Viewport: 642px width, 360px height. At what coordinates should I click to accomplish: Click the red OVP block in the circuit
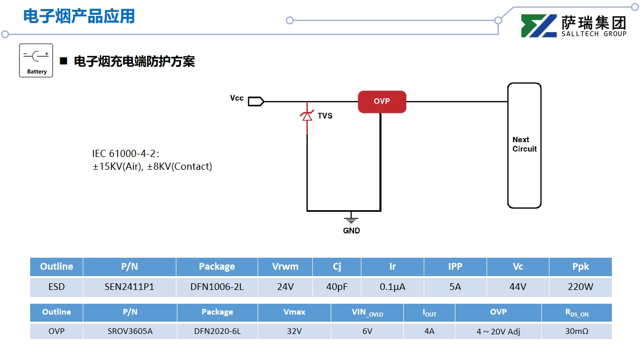click(382, 101)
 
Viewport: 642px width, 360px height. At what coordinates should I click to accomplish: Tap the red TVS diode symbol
click(307, 117)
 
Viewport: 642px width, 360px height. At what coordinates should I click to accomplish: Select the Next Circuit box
click(524, 145)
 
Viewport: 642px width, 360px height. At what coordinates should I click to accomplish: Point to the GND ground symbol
click(351, 219)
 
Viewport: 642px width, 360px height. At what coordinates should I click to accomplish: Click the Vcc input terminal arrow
click(256, 101)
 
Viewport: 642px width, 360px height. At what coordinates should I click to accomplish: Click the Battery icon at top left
click(36, 60)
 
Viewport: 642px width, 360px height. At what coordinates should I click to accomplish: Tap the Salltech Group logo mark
click(539, 26)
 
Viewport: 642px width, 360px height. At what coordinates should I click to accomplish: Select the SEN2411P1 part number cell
click(129, 287)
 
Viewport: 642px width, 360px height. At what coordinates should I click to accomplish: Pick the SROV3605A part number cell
click(130, 331)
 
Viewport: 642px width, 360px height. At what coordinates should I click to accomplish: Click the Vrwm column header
click(285, 266)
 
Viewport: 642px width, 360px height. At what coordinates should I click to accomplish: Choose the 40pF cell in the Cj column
click(337, 287)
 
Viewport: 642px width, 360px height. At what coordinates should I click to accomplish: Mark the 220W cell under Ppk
click(580, 287)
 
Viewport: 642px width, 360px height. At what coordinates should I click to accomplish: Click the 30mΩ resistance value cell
click(576, 331)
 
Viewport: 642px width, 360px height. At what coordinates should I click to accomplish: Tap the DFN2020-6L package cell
click(217, 331)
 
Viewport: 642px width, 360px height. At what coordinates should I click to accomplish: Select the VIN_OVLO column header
click(367, 312)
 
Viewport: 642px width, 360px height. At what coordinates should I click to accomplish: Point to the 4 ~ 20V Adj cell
click(498, 331)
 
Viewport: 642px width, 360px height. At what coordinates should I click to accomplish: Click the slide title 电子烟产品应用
click(79, 16)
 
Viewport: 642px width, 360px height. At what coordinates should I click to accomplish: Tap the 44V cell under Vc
click(518, 287)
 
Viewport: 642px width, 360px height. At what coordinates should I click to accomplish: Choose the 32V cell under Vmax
click(294, 331)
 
